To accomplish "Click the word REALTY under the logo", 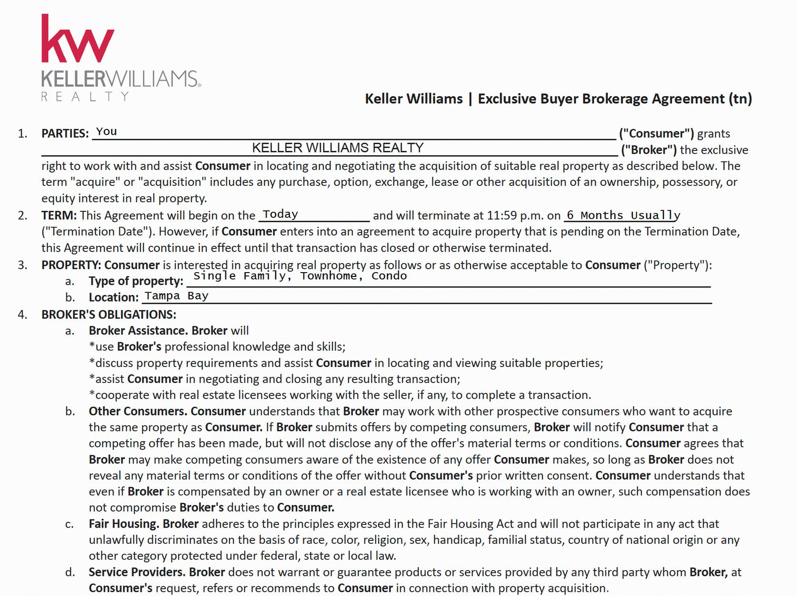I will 85,97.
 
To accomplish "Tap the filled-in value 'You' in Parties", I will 106,132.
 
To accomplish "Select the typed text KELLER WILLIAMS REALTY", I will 337,148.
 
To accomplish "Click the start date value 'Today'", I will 281,214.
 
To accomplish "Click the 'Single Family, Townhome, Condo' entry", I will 300,276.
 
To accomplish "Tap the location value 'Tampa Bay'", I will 177,296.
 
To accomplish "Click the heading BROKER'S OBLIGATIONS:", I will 109,314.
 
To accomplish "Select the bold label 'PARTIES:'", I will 65,134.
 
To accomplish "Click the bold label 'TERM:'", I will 59,216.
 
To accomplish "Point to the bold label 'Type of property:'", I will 136,281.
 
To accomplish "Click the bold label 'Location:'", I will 113,298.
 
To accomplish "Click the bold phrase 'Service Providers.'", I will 137,572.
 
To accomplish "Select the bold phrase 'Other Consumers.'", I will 138,411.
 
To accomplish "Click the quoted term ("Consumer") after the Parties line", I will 656,134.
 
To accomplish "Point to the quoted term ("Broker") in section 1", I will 649,150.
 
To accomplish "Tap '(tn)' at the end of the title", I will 740,99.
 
